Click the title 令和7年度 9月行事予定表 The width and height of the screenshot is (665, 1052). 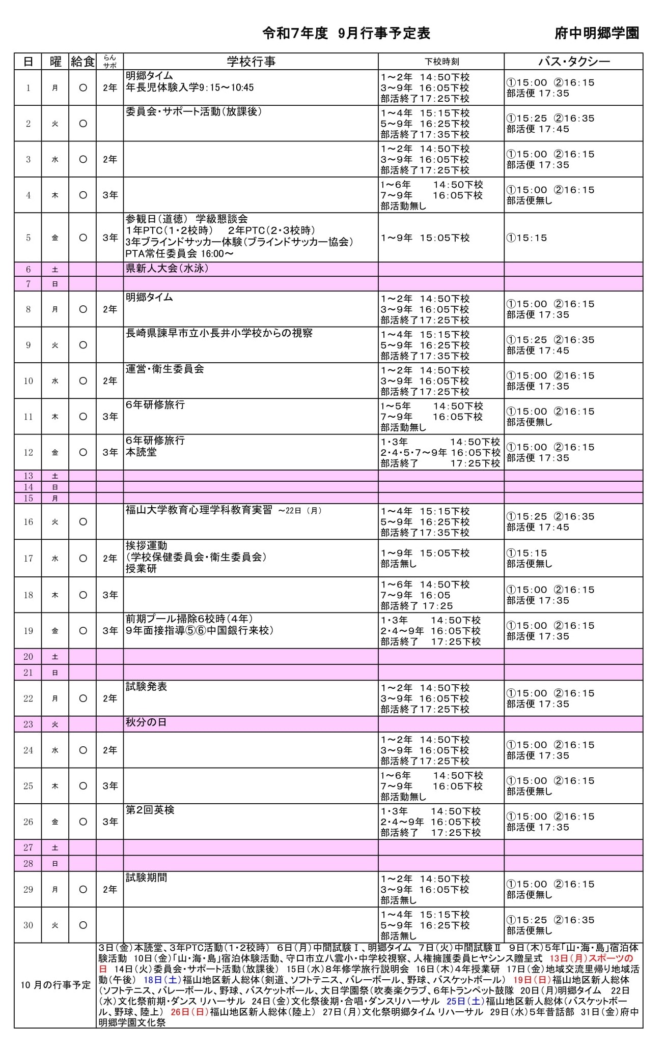coord(346,34)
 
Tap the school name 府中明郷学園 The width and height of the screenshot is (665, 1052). coord(597,34)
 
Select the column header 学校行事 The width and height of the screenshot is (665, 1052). coord(251,62)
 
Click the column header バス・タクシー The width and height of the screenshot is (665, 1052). coord(574,62)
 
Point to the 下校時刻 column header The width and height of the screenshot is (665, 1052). coord(441,62)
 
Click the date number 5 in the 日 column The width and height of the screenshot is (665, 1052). coord(29,238)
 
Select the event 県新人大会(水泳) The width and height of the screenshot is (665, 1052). coord(167,269)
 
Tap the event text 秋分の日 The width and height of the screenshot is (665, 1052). coord(146,722)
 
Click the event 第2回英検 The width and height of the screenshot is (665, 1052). coord(150,809)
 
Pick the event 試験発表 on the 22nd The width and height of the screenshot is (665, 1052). coord(146,687)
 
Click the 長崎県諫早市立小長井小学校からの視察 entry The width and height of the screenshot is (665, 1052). coord(219,333)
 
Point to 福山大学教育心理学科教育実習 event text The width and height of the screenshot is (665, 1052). coord(199,510)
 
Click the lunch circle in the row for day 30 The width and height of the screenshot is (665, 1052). coord(82,925)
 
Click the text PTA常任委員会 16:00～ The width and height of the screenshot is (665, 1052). coord(179,254)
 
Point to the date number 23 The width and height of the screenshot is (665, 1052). coord(29,724)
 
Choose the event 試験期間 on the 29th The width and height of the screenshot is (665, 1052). coord(146,878)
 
